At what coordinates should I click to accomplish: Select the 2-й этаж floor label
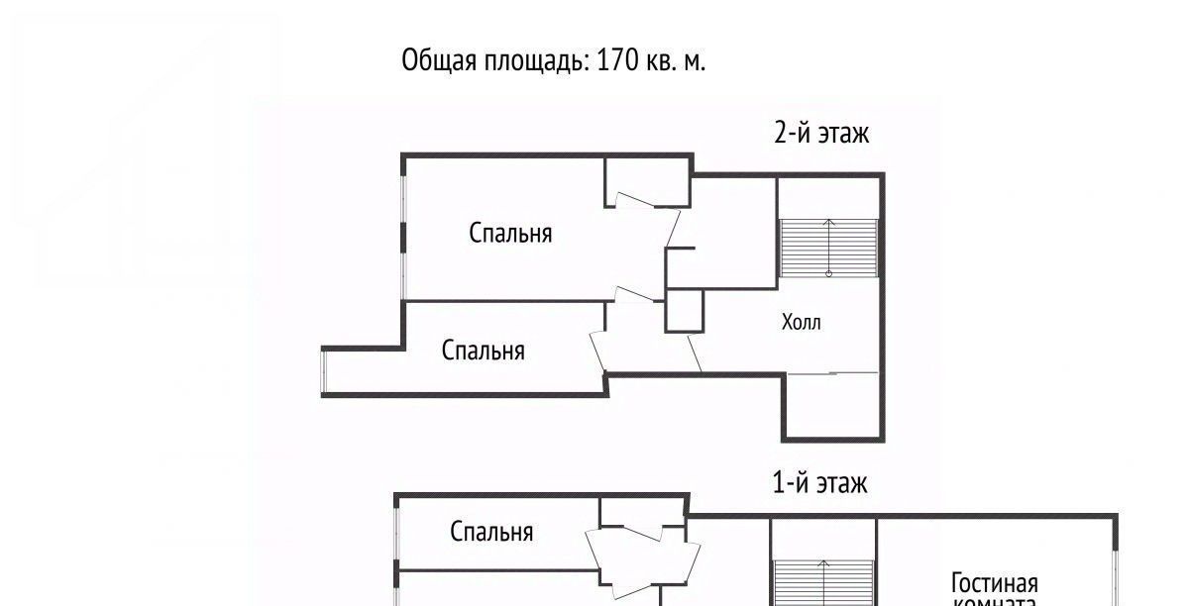point(821,133)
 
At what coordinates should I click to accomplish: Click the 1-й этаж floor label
point(819,483)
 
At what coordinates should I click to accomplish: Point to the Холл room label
point(801,323)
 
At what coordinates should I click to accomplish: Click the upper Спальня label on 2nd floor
point(510,234)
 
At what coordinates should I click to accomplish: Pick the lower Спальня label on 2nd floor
point(483,351)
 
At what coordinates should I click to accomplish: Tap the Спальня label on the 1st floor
point(491,532)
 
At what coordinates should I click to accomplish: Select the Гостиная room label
point(994,582)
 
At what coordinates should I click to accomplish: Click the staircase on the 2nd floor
point(829,248)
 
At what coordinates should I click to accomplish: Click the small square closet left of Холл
point(684,311)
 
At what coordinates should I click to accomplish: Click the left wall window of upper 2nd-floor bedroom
point(402,238)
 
